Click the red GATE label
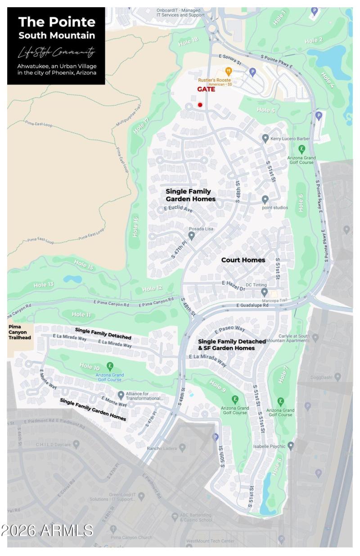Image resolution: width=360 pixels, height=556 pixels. click(x=206, y=89)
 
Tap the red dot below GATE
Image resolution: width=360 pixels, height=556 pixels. click(x=200, y=105)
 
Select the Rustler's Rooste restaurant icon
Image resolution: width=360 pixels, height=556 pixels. click(x=229, y=71)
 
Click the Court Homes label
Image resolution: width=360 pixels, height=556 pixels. click(x=243, y=260)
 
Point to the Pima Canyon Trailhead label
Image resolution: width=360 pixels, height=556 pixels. click(x=18, y=332)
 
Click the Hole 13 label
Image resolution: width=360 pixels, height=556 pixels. click(x=44, y=285)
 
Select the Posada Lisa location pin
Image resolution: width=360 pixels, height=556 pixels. click(x=192, y=235)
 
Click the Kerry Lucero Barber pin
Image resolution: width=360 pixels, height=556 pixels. click(x=265, y=139)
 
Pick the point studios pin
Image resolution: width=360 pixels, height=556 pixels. click(x=265, y=199)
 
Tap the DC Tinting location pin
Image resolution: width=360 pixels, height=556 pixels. click(x=265, y=292)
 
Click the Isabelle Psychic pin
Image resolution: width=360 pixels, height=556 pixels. click(x=291, y=446)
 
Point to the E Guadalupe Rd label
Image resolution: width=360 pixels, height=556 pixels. click(x=252, y=305)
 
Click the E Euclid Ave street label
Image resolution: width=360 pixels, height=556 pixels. click(x=178, y=209)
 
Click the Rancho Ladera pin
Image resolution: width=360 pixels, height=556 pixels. click(x=182, y=448)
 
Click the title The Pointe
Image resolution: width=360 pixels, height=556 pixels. click(x=57, y=22)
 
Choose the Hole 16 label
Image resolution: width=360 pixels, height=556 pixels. click(x=135, y=227)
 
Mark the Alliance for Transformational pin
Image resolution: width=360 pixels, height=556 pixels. click(x=121, y=395)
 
